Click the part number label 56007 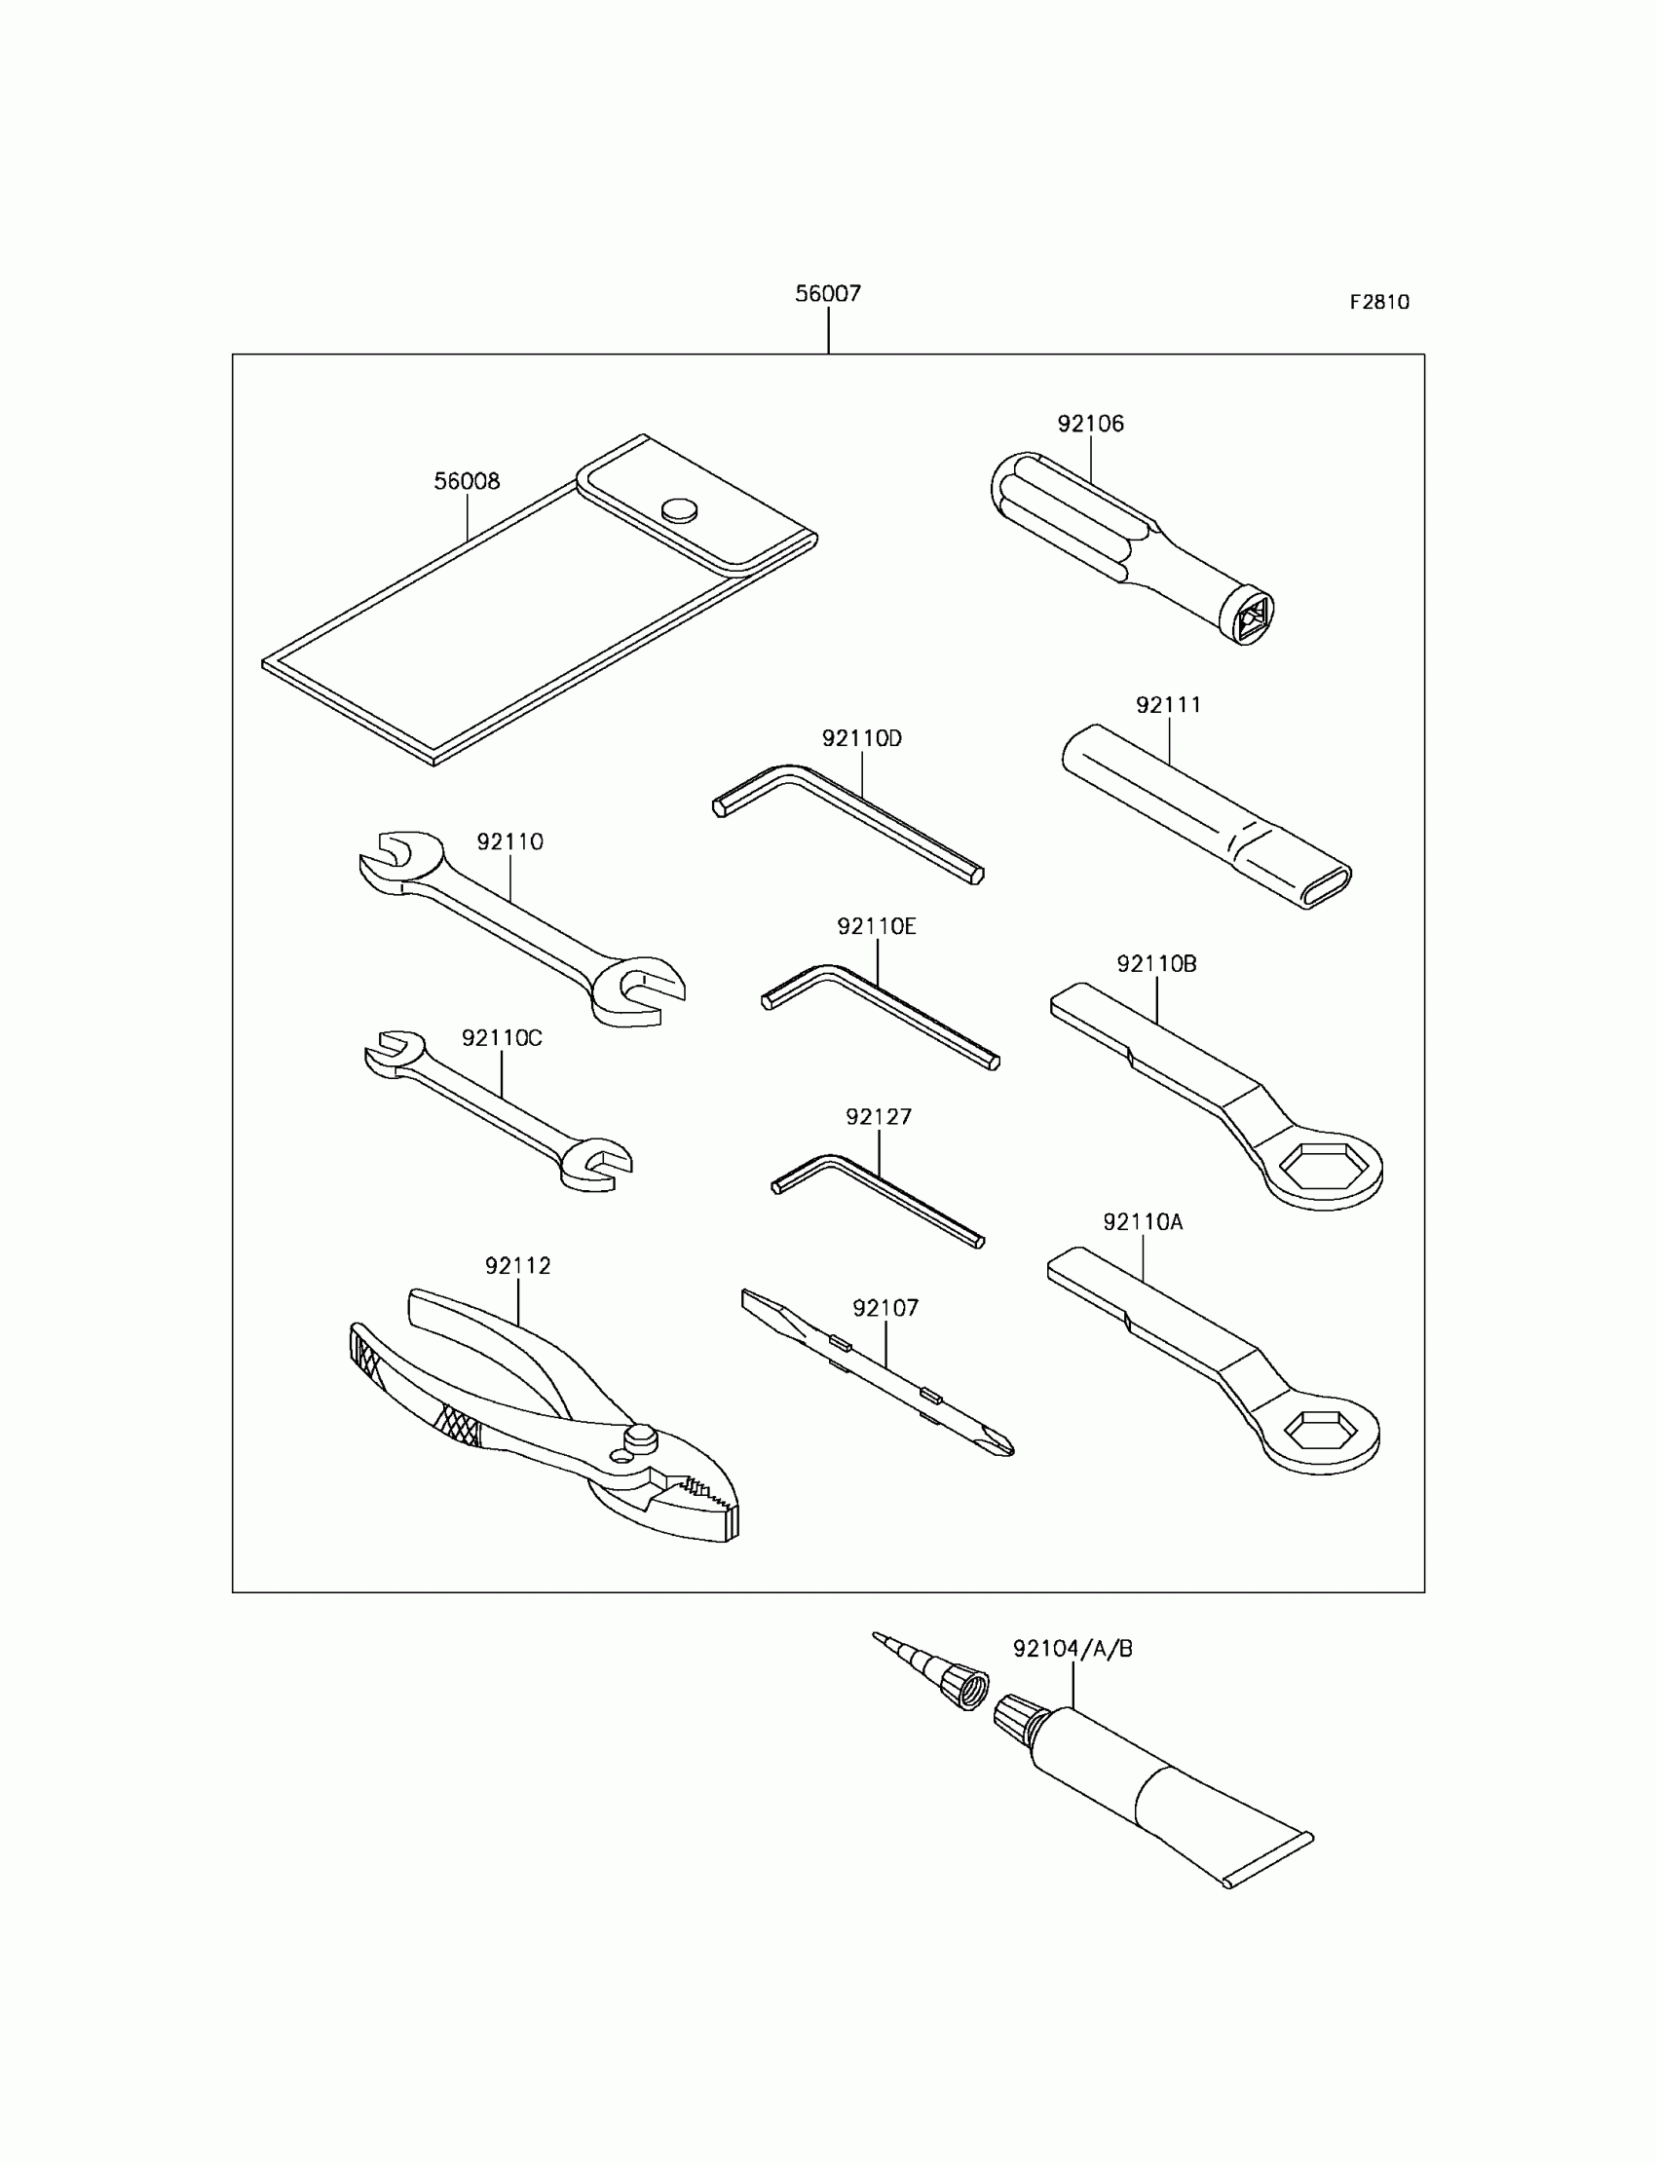tap(828, 294)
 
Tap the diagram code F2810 tap(1379, 303)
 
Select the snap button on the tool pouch tap(679, 509)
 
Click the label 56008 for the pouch tap(467, 482)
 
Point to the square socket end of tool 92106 tap(1250, 618)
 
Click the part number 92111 tap(1168, 705)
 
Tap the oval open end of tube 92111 tap(1326, 885)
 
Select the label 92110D tap(861, 739)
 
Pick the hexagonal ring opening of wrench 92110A tap(1323, 1430)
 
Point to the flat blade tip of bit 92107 tap(753, 1298)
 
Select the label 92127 tap(879, 1117)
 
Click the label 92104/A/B tap(1073, 1649)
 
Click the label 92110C tap(502, 1038)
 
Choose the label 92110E tap(877, 926)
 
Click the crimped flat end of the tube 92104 tap(1269, 1861)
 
